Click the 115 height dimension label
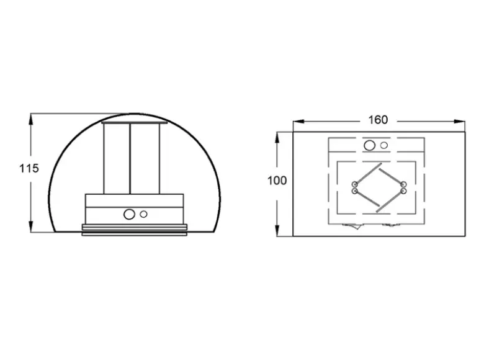29,168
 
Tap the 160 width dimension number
378,120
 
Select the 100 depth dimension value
277,181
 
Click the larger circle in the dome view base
129,214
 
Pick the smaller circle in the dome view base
143,214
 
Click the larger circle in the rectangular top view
369,145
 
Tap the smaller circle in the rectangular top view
384,145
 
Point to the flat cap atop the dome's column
134,122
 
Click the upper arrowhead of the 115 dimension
30,120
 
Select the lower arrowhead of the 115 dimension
30,226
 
